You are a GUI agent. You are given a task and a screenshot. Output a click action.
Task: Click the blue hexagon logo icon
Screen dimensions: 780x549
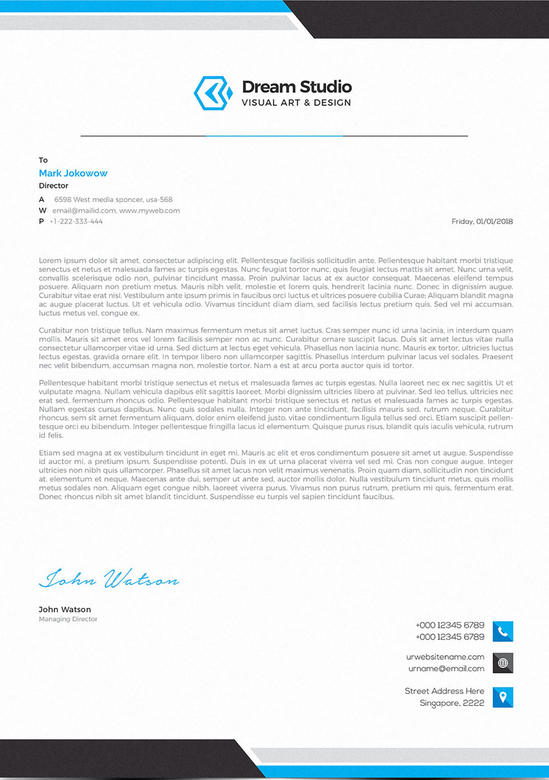coord(213,93)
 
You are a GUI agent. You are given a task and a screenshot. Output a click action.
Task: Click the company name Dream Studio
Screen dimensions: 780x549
coord(297,87)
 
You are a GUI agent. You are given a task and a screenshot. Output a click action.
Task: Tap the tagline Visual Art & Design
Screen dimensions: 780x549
coord(296,103)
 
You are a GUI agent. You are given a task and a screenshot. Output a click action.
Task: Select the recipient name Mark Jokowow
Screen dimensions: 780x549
coord(73,173)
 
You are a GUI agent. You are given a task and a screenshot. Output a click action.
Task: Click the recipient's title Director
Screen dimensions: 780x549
coord(53,186)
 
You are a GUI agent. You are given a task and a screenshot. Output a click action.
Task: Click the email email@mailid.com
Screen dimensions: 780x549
coord(84,211)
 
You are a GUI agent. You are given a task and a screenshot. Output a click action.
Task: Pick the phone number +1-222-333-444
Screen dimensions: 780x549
coord(76,222)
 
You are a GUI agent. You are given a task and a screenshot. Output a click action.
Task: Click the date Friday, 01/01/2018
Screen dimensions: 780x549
coord(482,222)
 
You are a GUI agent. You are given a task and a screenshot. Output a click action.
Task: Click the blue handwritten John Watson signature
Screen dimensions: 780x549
coord(109,579)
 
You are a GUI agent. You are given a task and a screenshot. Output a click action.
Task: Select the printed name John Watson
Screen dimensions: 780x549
coord(65,609)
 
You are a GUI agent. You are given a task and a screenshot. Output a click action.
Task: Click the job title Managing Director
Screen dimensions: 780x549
coord(68,619)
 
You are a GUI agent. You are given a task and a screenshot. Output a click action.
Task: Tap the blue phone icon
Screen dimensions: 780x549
coord(503,631)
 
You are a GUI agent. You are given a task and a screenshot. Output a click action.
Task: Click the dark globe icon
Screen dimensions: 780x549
coord(503,663)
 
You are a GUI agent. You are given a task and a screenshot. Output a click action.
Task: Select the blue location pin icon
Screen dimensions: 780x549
coord(503,697)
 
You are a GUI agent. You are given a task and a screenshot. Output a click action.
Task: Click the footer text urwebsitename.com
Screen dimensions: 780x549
coord(445,657)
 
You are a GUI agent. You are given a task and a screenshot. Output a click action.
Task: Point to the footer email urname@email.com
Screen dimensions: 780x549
coord(446,669)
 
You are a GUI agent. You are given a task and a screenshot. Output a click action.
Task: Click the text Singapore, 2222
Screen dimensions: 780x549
coord(452,703)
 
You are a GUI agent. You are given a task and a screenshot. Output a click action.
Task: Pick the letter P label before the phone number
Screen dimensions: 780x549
coord(41,222)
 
